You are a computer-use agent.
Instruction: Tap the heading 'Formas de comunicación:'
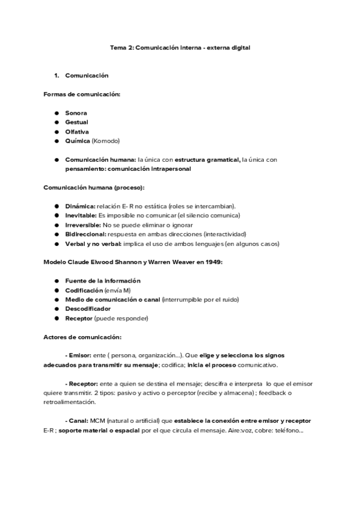pos(81,94)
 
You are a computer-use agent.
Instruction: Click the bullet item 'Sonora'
pos(76,112)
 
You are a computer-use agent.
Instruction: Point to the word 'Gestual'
pos(77,122)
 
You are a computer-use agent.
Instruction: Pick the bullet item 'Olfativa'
pos(77,131)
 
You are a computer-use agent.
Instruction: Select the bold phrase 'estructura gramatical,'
pos(207,159)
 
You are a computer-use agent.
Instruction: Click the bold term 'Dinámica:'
pos(79,206)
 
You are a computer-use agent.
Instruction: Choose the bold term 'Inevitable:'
pos(81,215)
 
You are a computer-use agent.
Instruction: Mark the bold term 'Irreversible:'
pos(83,224)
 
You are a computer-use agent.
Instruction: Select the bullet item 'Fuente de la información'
pos(102,280)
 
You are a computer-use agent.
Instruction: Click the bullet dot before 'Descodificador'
pos(56,309)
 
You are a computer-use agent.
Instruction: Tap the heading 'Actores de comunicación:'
pos(82,336)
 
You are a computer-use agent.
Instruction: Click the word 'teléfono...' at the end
pos(291,429)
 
